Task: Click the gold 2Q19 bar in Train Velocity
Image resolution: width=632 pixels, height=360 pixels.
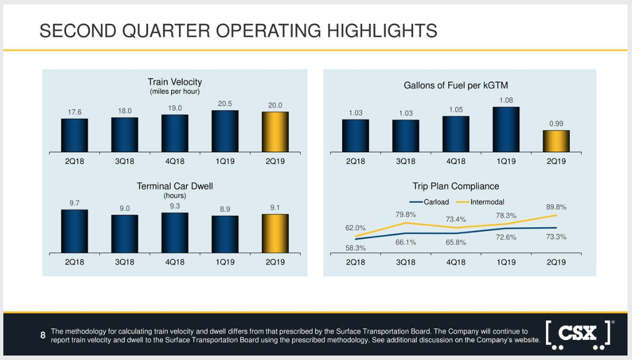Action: click(275, 132)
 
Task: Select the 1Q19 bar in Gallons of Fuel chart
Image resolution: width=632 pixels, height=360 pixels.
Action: click(506, 129)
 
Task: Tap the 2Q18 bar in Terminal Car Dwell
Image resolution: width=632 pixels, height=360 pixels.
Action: click(75, 231)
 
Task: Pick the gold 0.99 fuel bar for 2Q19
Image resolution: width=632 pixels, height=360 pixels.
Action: click(556, 141)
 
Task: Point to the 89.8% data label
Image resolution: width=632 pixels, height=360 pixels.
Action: click(556, 207)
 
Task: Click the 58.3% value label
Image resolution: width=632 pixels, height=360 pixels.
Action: click(356, 248)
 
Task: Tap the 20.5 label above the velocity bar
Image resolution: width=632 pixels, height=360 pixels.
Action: click(225, 104)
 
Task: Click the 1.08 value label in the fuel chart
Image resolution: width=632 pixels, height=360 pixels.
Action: click(506, 100)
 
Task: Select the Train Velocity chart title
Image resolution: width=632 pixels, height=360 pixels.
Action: click(174, 82)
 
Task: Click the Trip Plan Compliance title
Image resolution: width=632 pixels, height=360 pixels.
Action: click(456, 186)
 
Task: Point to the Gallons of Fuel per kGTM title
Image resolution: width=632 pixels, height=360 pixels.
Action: click(456, 85)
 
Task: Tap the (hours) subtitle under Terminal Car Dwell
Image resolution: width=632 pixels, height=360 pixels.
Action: click(174, 196)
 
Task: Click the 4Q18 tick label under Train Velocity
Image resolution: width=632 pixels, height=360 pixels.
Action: click(174, 162)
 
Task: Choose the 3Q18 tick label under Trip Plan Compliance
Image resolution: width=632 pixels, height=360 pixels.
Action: click(406, 262)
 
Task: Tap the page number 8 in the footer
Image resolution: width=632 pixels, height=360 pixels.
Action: click(43, 335)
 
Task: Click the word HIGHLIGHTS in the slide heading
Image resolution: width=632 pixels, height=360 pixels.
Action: click(382, 31)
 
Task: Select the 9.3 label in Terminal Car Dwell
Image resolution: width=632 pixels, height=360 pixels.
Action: click(175, 206)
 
